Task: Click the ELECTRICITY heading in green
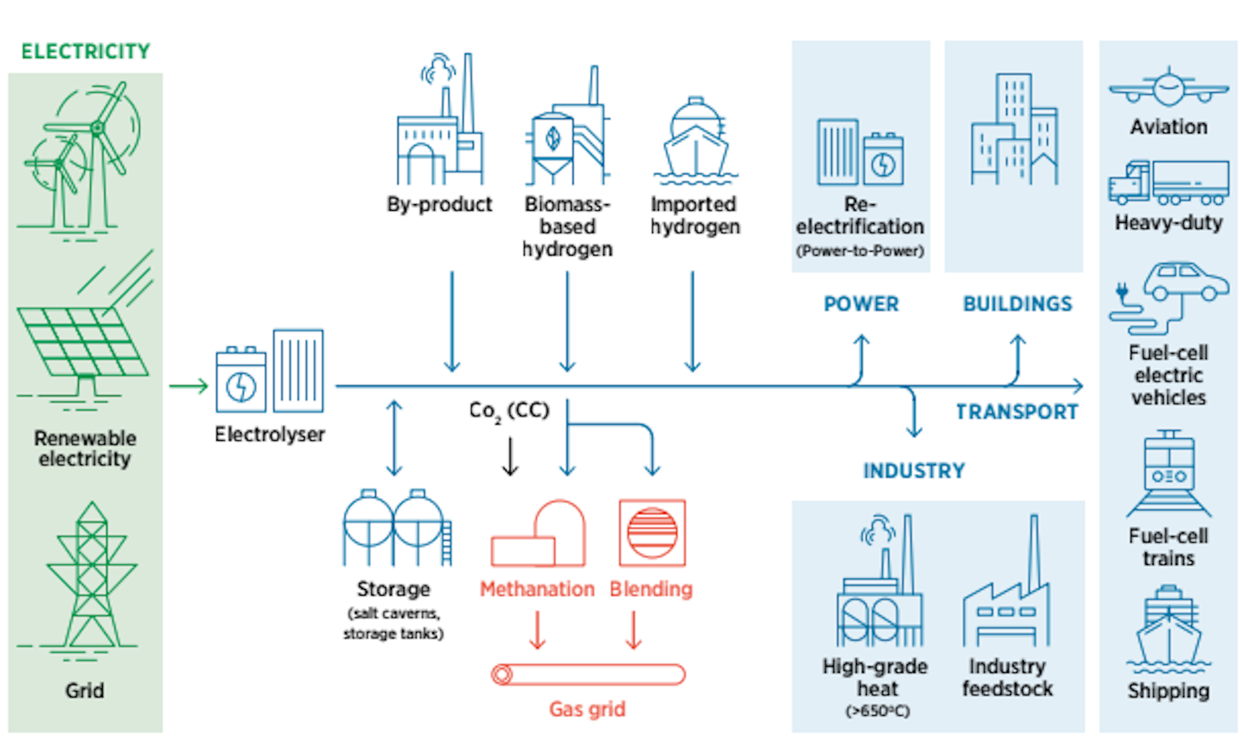(x=85, y=51)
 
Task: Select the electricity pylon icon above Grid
(x=92, y=575)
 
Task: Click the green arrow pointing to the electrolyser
(x=188, y=386)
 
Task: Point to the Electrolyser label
(x=270, y=434)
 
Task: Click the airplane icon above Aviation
(x=1168, y=88)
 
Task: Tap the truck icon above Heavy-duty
(x=1168, y=183)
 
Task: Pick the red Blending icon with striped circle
(x=652, y=533)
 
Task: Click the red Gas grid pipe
(x=588, y=675)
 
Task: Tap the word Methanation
(x=537, y=589)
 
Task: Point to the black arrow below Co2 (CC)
(x=510, y=456)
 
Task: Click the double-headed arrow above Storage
(x=394, y=438)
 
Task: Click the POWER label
(x=861, y=304)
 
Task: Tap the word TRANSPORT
(x=1017, y=412)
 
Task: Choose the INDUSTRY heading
(x=914, y=471)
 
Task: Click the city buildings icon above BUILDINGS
(x=1014, y=130)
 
